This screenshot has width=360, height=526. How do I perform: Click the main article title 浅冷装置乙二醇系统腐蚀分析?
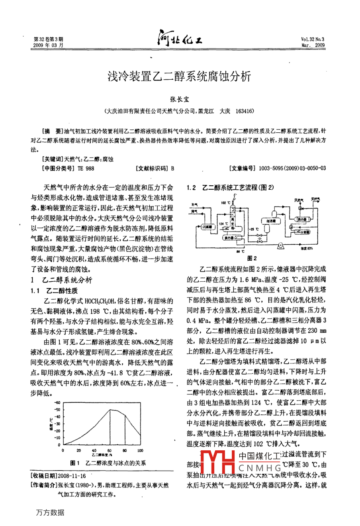tap(180, 76)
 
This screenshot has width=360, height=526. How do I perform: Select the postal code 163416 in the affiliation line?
tap(245, 112)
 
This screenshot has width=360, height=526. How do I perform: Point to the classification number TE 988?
tap(86, 169)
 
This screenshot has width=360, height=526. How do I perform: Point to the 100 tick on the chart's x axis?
tap(140, 450)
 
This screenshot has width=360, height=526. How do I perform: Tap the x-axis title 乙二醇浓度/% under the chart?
tap(102, 455)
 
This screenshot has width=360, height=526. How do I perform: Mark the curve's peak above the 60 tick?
tap(111, 409)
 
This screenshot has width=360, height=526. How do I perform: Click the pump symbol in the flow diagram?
tap(281, 245)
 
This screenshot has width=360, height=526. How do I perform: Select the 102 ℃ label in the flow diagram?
tap(225, 203)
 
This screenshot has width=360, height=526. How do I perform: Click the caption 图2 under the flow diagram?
tap(252, 258)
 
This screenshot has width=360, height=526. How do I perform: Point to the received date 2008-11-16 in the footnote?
tap(72, 476)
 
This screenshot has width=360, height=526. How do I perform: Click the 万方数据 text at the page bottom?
tap(50, 512)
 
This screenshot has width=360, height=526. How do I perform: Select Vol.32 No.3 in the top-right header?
tap(313, 39)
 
